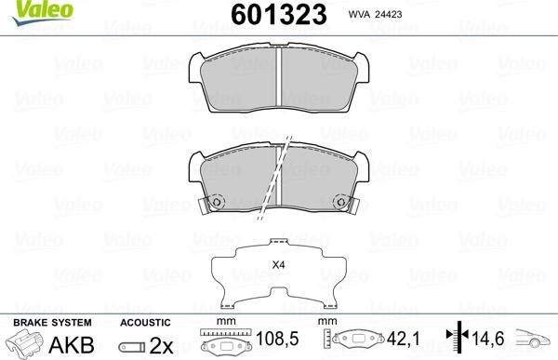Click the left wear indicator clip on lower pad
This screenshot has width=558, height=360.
coord(216,202)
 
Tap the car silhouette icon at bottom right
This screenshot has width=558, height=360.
coord(535,341)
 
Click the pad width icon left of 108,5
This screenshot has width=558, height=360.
coord(224,343)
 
